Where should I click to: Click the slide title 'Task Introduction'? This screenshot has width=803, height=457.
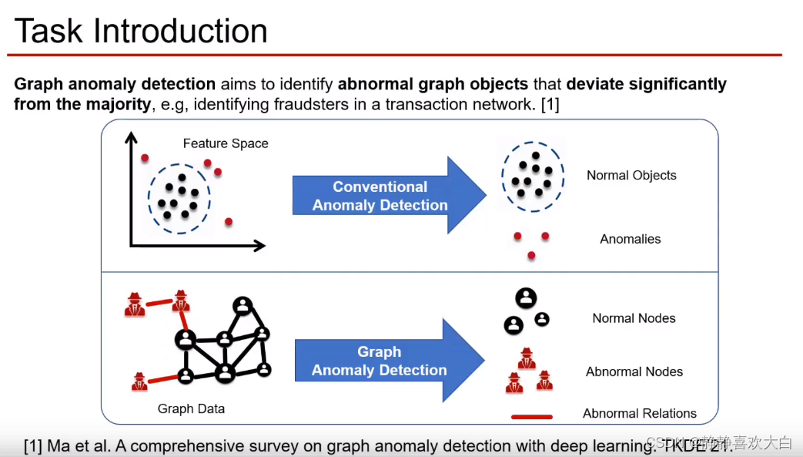pos(141,31)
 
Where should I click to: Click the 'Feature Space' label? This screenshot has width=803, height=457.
pos(226,143)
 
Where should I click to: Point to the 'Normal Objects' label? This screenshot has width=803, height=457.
pos(631,175)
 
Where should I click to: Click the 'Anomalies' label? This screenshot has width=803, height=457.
pos(631,239)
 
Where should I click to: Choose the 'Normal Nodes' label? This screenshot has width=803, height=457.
pos(634,318)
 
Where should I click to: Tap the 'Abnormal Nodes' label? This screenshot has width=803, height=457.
pos(634,371)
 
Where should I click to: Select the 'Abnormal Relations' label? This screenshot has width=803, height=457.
pos(640,413)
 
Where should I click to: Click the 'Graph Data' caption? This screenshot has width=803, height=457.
pos(191,408)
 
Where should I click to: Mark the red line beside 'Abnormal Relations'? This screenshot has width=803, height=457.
pos(532,417)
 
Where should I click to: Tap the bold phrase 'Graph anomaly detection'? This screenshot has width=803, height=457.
pos(115,84)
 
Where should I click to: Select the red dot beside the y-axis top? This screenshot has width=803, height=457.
pos(144,158)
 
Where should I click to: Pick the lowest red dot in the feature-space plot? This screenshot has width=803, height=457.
pos(229,221)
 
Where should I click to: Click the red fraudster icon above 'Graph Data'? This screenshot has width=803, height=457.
pos(139,381)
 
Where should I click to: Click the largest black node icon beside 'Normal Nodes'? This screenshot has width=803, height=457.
pos(527,298)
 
